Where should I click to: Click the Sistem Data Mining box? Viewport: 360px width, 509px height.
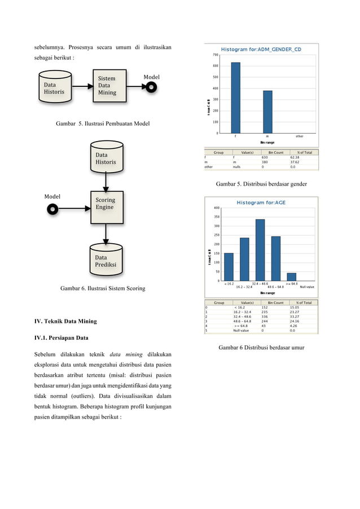click(x=109, y=86)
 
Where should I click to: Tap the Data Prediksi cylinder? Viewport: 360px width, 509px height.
click(x=106, y=258)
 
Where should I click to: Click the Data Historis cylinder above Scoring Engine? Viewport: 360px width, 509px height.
click(x=106, y=158)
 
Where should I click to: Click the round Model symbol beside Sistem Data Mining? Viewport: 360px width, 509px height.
click(x=151, y=87)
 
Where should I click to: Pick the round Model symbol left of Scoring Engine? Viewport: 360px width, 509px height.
click(x=52, y=209)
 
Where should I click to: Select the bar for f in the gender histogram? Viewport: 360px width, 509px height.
click(x=235, y=98)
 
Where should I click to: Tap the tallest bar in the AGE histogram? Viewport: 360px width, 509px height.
click(x=260, y=249)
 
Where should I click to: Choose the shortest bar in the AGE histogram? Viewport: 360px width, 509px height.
click(x=292, y=277)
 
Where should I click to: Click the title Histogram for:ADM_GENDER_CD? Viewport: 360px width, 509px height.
click(x=261, y=50)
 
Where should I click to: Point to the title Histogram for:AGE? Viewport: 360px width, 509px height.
click(x=260, y=203)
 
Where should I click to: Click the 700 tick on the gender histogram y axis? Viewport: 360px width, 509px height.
click(x=216, y=55)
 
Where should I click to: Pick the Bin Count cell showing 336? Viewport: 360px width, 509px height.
click(x=266, y=317)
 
